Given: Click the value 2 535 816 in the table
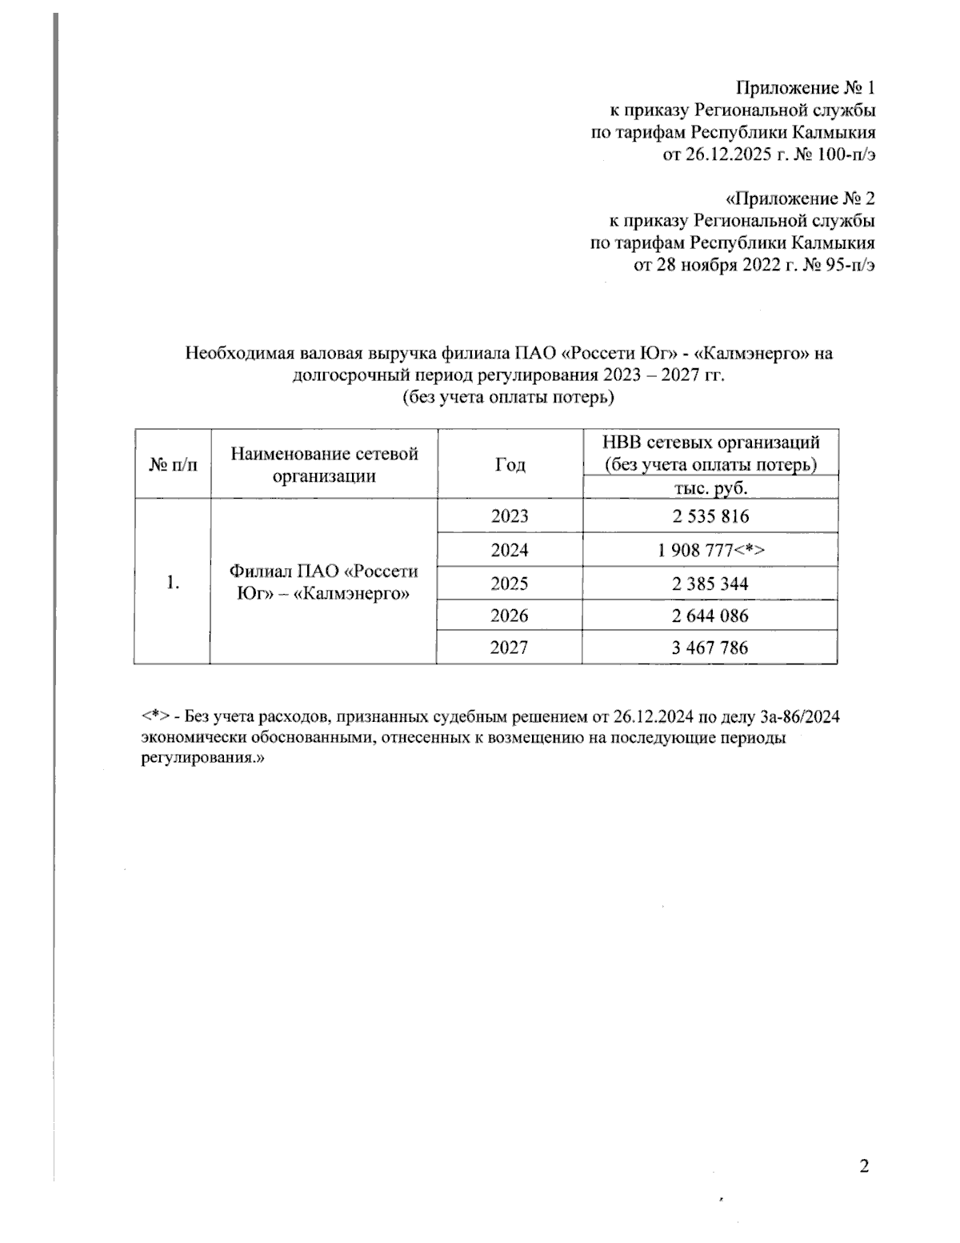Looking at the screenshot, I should click(710, 516).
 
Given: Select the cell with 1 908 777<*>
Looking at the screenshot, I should click(710, 550).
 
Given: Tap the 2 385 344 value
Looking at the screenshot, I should click(710, 583).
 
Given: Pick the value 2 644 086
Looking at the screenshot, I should click(710, 615).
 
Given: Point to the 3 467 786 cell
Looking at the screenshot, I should click(710, 648).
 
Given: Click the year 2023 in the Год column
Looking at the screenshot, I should click(510, 516).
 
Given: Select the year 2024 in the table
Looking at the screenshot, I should click(510, 550).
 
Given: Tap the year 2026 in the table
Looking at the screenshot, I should click(510, 615).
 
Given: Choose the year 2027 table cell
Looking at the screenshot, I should click(510, 648).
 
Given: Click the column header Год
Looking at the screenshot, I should click(510, 465).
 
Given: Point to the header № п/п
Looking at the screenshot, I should click(173, 465).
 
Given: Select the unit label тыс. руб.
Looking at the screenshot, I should click(710, 488).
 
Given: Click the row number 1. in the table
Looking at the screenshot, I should click(172, 583).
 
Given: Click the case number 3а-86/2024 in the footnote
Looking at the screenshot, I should click(790, 716).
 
